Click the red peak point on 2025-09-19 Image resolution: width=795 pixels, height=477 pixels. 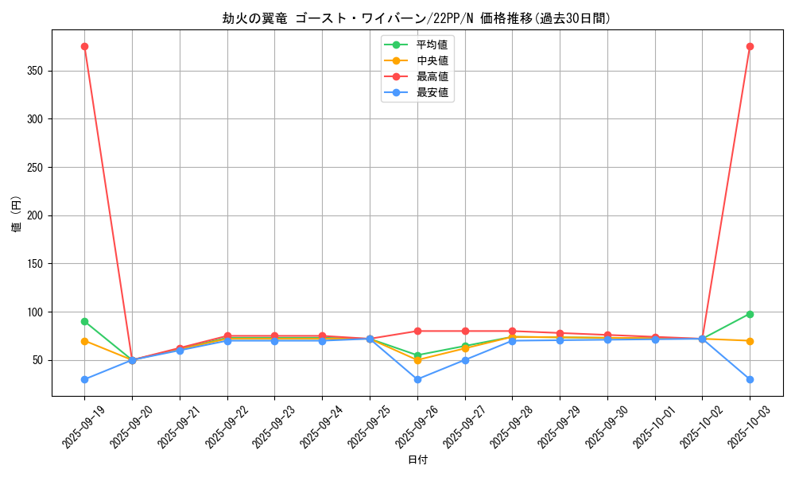[x=84, y=46]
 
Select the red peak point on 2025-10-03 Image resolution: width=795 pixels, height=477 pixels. [x=750, y=46]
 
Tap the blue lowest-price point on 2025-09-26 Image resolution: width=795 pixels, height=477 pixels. [x=417, y=379]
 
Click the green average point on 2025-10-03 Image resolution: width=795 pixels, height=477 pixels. [x=750, y=314]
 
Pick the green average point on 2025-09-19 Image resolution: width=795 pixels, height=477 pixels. [x=84, y=321]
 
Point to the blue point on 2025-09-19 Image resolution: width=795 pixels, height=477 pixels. [x=84, y=379]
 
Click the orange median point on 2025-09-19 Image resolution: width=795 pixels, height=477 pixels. [x=84, y=341]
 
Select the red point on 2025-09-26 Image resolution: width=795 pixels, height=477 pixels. [x=417, y=331]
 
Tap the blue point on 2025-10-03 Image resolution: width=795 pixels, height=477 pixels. [x=750, y=379]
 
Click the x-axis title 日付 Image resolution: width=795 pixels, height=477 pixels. [x=417, y=460]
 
